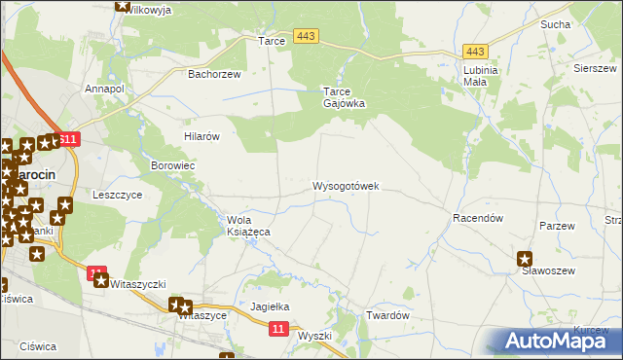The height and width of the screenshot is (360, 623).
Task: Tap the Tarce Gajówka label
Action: click(344, 97)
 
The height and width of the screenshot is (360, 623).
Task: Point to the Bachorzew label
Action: click(213, 73)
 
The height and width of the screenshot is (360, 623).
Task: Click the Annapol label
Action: click(104, 89)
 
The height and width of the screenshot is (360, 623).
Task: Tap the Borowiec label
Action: click(173, 166)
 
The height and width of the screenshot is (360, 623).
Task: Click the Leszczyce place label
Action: click(117, 195)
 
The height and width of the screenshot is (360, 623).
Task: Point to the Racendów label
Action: click(477, 219)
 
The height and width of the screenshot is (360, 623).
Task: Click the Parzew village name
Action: click(558, 225)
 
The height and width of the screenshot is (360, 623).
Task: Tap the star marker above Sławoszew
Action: click(525, 259)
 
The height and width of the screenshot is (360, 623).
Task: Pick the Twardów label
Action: click(385, 315)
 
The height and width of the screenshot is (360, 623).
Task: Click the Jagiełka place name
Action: click(271, 306)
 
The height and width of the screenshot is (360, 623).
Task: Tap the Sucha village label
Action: click(582, 23)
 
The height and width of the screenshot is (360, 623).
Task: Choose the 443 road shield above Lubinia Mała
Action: click(475, 51)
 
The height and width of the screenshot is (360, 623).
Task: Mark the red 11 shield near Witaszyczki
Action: click(95, 273)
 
